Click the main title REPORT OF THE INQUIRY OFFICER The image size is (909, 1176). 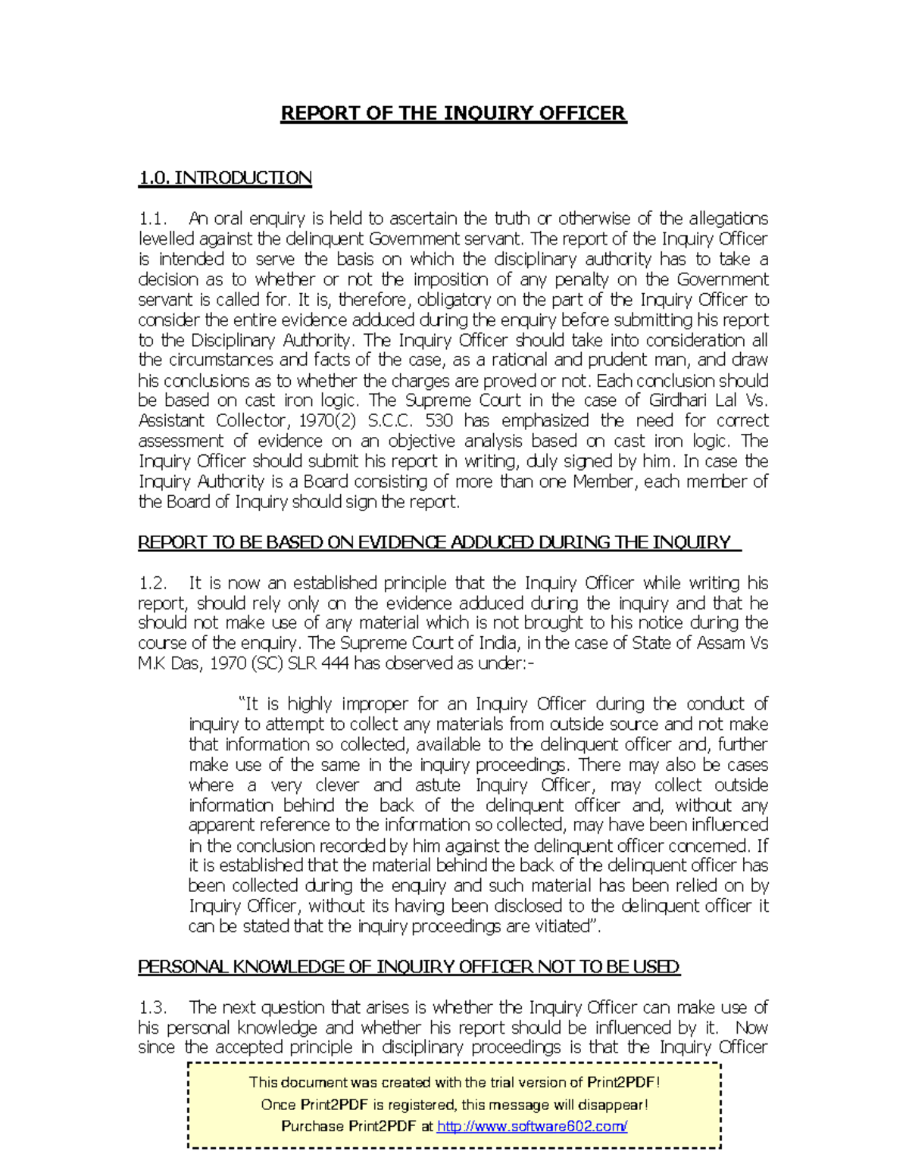click(x=453, y=114)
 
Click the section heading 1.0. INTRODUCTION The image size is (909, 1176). click(x=225, y=178)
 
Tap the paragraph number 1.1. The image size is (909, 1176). click(x=152, y=219)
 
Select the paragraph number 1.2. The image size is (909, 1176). click(x=152, y=583)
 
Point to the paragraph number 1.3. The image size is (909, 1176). click(x=152, y=1008)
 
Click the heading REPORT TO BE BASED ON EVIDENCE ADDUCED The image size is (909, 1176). click(x=435, y=542)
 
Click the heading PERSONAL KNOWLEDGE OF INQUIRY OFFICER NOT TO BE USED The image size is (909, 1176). click(x=408, y=967)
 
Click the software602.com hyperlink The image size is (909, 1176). click(x=533, y=1126)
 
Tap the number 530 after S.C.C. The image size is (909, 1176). click(x=439, y=421)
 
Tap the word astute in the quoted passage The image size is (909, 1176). click(x=437, y=785)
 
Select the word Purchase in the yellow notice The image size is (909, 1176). click(x=312, y=1126)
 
